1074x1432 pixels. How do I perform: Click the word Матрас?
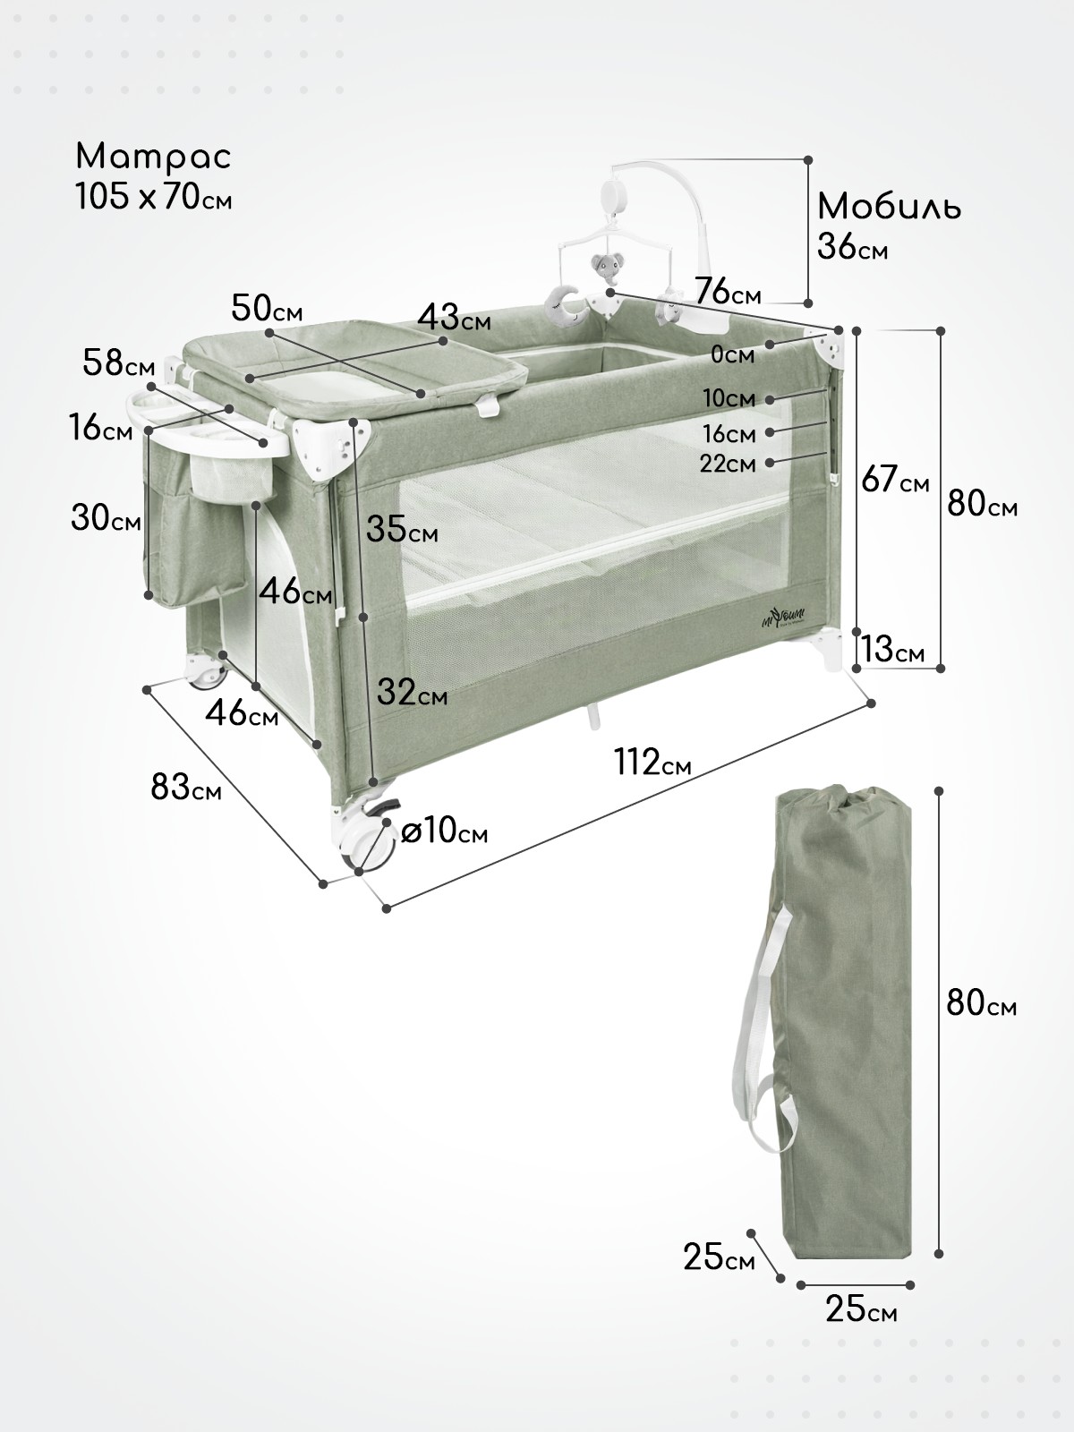pos(153,158)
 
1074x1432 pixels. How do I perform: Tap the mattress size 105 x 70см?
pos(153,196)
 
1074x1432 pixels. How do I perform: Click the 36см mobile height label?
pos(852,248)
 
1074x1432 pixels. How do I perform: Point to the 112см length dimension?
pos(652,762)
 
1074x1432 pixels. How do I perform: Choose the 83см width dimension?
pos(186,787)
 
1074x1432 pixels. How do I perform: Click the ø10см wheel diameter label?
pos(444,831)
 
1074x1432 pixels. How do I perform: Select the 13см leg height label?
pos(892,649)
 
